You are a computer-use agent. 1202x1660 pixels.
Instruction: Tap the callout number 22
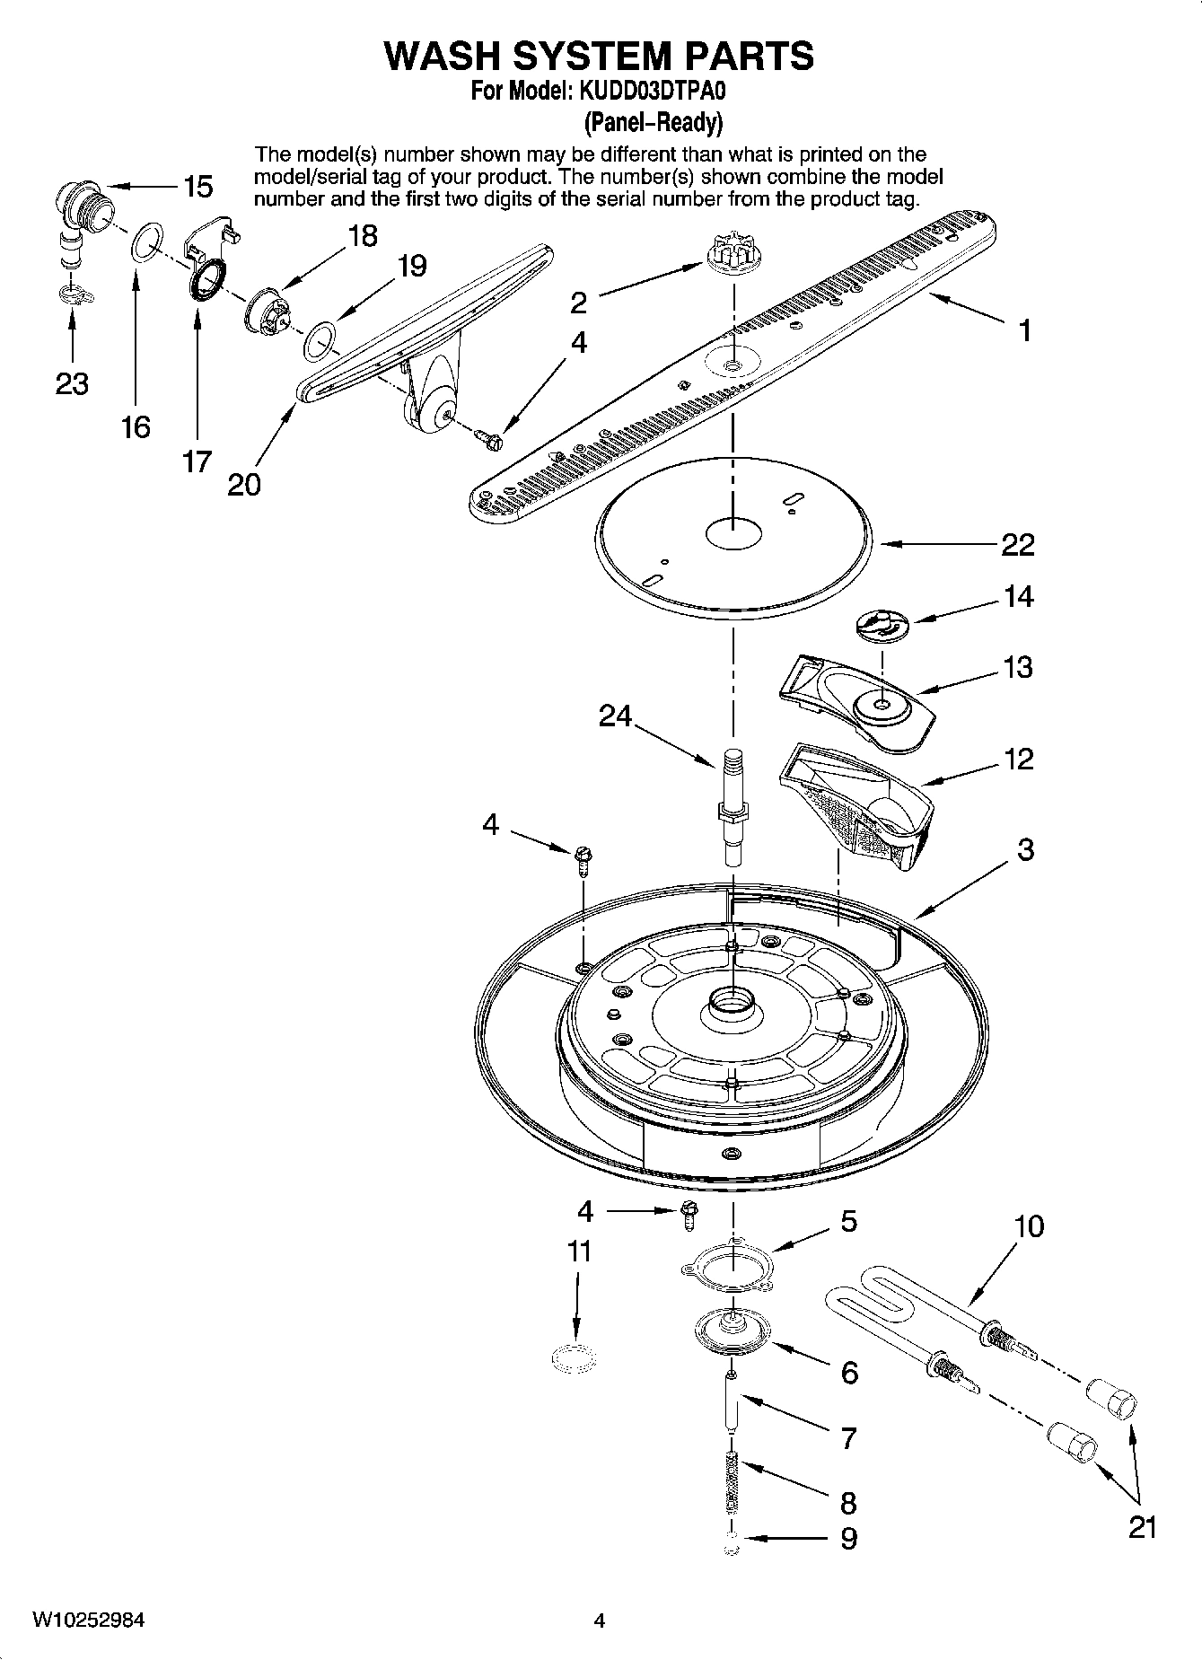(1018, 544)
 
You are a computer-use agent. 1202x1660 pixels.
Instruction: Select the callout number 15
(197, 187)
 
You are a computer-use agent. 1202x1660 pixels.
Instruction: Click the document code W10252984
(89, 1620)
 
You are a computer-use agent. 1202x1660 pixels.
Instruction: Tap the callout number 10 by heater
(1029, 1226)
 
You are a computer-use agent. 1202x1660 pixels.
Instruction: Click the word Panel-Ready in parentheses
(653, 121)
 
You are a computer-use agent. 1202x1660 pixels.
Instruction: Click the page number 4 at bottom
(600, 1620)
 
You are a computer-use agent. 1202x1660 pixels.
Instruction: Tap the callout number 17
(197, 461)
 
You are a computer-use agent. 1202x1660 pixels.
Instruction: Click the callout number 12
(1018, 760)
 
